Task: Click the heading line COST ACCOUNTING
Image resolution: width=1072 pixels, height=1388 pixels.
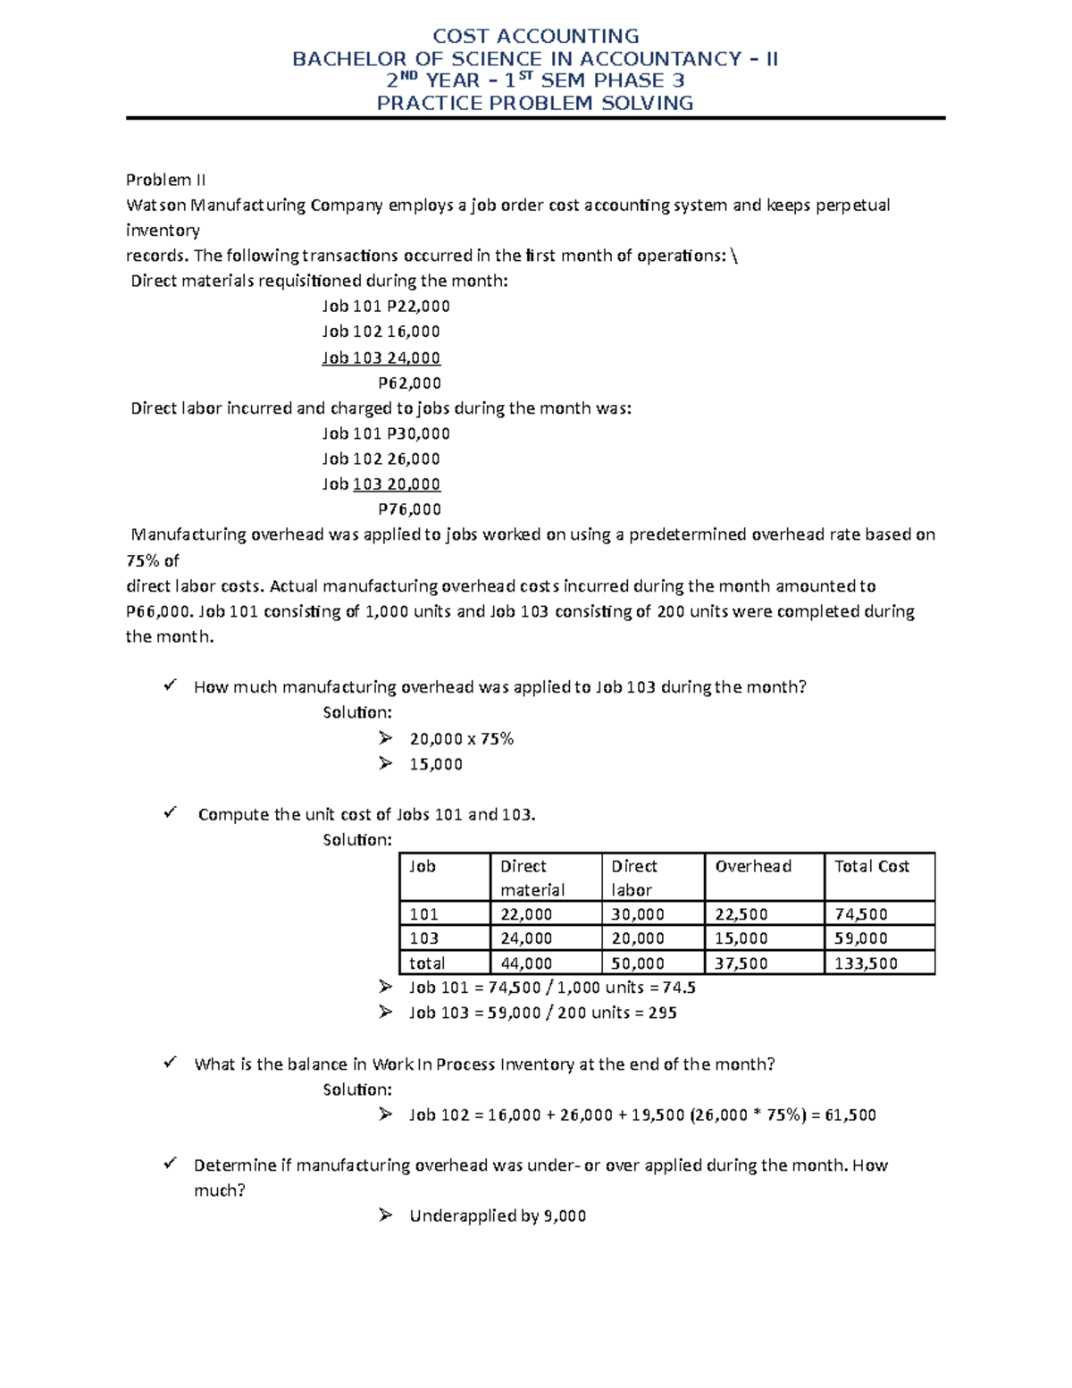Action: click(535, 37)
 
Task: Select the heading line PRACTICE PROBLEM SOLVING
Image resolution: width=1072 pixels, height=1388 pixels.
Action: click(535, 104)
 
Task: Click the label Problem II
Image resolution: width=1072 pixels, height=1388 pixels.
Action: click(166, 180)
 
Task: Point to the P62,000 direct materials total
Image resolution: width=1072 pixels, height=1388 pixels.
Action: click(409, 383)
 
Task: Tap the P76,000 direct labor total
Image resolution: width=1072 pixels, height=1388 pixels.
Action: click(409, 509)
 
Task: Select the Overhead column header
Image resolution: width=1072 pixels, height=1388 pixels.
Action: click(753, 866)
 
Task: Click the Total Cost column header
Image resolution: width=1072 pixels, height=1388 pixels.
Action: click(871, 866)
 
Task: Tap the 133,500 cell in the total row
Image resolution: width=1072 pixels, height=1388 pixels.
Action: click(866, 963)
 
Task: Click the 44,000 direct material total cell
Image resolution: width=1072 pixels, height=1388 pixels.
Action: click(526, 963)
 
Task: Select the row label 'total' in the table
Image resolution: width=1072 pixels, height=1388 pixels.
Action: click(427, 963)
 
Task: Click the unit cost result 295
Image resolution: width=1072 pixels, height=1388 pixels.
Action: click(662, 1013)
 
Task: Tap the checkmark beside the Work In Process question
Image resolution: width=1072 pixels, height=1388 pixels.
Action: click(170, 1063)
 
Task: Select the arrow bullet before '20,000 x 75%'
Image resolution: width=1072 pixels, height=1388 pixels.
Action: click(385, 738)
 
